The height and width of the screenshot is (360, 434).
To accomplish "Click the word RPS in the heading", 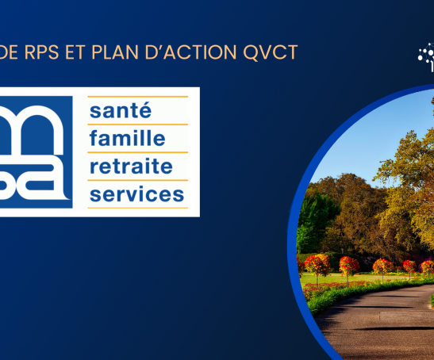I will coord(44,52).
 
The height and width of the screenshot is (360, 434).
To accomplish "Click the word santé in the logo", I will coord(120,112).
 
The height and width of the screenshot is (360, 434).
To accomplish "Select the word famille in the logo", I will coord(127,139).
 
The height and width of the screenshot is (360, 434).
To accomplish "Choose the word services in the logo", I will coord(136,194).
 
